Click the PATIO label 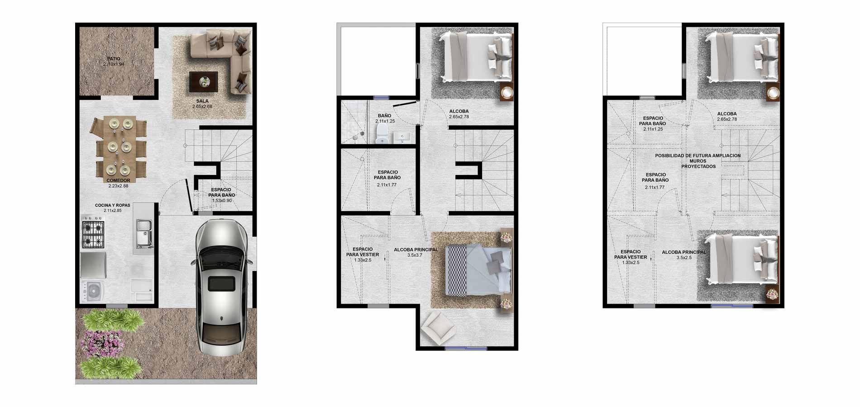point(114,59)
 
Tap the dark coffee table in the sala point(203,82)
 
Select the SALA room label point(202,101)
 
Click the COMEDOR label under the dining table point(118,180)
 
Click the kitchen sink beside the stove point(144,233)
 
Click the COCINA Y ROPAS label point(112,205)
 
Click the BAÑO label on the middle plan point(384,116)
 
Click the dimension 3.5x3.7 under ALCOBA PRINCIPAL point(415,256)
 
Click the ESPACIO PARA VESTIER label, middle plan point(363,252)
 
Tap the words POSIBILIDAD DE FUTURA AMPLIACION point(698,156)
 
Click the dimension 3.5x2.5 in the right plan point(684,258)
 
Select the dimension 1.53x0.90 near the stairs point(222,200)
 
